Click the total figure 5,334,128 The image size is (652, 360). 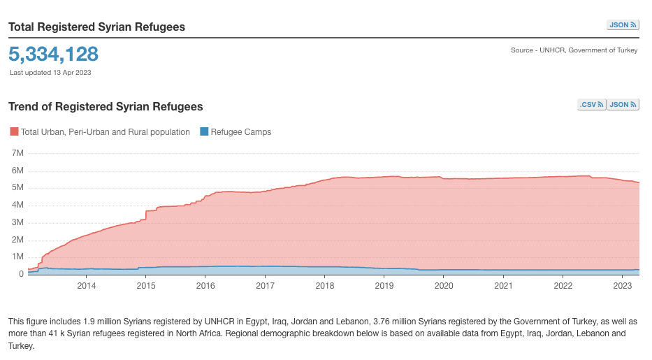pos(54,54)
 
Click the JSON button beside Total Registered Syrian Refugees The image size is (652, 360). pos(623,25)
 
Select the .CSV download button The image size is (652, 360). pos(591,105)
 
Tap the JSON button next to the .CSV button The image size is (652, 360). pos(623,105)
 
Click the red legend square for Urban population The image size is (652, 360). pos(14,131)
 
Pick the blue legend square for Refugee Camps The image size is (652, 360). pos(204,131)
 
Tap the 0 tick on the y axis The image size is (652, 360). pos(22,274)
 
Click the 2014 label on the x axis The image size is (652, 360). pos(87,286)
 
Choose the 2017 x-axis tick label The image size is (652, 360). pos(265,286)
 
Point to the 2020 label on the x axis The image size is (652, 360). pos(444,286)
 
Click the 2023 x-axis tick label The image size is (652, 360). pos(622,286)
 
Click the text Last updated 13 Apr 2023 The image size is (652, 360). pos(50,72)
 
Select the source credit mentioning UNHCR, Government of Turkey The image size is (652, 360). pos(574,50)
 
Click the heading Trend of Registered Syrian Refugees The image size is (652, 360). pos(106,107)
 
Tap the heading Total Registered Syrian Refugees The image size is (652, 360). pos(96,27)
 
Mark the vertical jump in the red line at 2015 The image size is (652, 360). pos(146,215)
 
